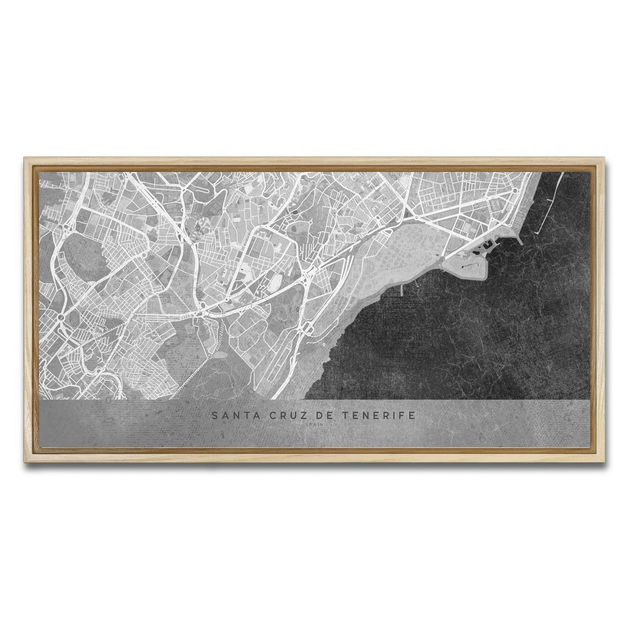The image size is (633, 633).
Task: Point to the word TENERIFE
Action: [376, 416]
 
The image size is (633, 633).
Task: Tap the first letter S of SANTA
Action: [215, 416]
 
